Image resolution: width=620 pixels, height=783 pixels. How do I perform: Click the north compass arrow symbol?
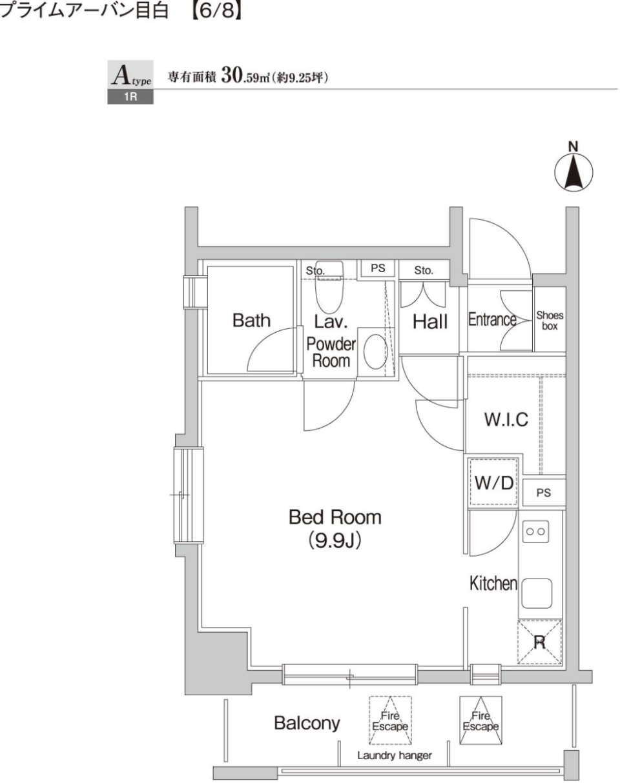(x=573, y=172)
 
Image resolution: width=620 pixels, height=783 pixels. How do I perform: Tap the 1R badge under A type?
(x=130, y=97)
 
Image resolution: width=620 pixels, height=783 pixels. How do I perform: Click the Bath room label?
(x=251, y=321)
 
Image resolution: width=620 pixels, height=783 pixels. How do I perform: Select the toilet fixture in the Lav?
(x=329, y=287)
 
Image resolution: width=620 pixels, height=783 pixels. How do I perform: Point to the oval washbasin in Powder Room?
(x=376, y=352)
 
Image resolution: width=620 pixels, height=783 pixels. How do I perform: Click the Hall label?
(x=430, y=322)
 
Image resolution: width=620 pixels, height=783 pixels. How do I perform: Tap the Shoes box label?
(x=550, y=321)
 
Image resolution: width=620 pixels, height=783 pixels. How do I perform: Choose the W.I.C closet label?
(x=506, y=419)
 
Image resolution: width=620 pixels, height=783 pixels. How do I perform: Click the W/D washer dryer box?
(x=494, y=482)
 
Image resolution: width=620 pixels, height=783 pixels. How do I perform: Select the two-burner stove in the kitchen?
(x=535, y=531)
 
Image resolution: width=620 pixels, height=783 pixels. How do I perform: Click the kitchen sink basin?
(x=537, y=593)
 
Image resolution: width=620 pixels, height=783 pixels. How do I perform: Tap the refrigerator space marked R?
(x=539, y=642)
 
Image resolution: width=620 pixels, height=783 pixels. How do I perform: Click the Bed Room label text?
(x=335, y=517)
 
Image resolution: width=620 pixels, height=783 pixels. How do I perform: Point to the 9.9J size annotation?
(x=335, y=540)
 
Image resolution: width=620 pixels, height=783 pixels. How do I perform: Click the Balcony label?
(x=307, y=723)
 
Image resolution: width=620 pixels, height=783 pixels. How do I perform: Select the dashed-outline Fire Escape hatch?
(x=390, y=720)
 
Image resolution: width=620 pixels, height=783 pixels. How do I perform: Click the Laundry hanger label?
(x=395, y=756)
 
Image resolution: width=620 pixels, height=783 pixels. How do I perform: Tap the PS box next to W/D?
(x=544, y=493)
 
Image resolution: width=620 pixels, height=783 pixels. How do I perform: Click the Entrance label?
(x=492, y=320)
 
